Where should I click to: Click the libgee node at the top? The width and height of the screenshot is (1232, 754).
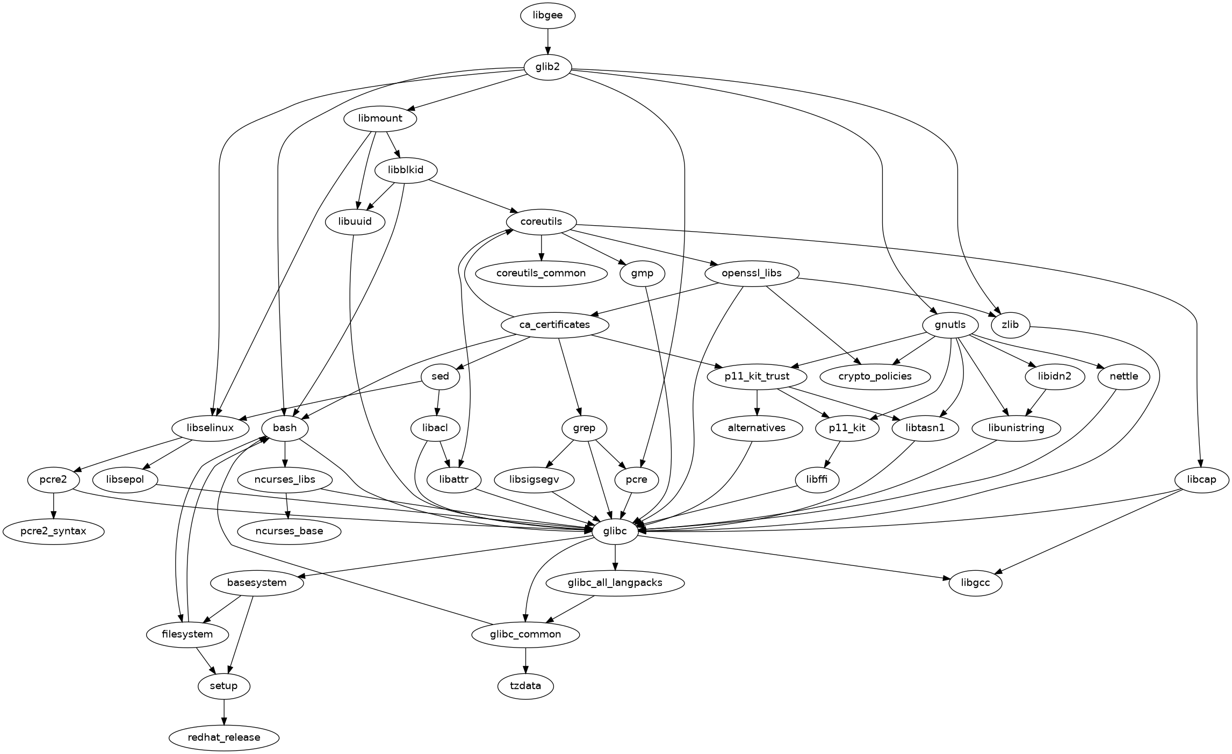click(x=547, y=16)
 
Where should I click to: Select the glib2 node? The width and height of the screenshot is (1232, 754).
click(x=547, y=67)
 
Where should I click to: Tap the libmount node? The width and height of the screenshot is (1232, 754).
click(x=380, y=119)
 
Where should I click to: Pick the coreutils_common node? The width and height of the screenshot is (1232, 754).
click(x=541, y=274)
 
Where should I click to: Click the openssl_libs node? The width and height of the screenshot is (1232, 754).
click(x=752, y=274)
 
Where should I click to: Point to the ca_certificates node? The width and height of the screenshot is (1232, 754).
click(x=554, y=325)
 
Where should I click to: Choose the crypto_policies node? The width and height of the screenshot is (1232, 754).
click(x=875, y=377)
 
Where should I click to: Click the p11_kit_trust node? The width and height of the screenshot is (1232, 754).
click(x=757, y=377)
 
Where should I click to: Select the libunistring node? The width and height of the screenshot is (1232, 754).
click(x=1016, y=428)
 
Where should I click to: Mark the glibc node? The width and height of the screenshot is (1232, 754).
click(x=615, y=532)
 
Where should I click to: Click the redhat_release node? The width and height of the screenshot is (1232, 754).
click(x=224, y=738)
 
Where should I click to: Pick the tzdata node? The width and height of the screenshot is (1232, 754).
click(x=525, y=686)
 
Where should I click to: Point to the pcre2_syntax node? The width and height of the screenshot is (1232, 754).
click(x=53, y=532)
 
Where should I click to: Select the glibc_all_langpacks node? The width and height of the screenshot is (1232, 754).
click(x=615, y=583)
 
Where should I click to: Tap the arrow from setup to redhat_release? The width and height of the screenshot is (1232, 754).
click(x=224, y=712)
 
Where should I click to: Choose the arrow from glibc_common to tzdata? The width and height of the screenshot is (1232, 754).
click(x=525, y=660)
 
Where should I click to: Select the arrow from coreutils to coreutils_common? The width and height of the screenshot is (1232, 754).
click(x=541, y=248)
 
